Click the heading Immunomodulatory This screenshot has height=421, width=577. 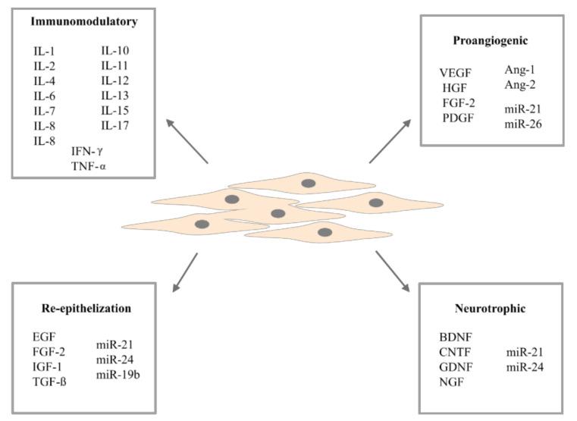84,22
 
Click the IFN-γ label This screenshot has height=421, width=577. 87,151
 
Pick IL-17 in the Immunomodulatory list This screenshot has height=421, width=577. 116,124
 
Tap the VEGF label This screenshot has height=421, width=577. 455,73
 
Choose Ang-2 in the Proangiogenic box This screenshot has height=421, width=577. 520,84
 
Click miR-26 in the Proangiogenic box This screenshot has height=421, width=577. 522,123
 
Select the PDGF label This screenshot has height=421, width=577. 457,118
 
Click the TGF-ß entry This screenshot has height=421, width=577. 50,381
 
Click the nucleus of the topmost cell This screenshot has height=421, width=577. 309,183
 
